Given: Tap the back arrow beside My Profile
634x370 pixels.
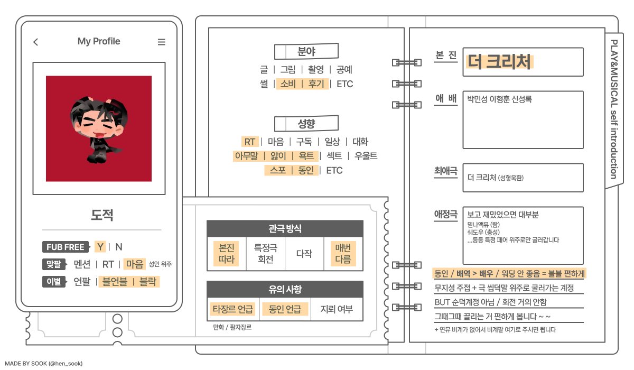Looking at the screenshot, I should (x=35, y=42).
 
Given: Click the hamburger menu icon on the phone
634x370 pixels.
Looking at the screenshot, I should (x=162, y=42).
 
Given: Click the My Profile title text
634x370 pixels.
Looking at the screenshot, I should (x=99, y=41).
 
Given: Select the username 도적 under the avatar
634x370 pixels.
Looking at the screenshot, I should (x=102, y=215).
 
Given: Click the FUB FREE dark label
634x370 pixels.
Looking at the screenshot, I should (x=65, y=247).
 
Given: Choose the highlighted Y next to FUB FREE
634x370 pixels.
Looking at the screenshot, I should (x=100, y=247).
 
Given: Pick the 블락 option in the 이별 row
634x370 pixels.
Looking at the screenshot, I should (x=147, y=281).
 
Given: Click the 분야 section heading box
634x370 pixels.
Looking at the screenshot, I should (x=306, y=52).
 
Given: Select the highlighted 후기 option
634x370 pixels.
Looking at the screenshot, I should (x=316, y=84).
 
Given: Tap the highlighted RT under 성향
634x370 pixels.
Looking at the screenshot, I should (x=249, y=142).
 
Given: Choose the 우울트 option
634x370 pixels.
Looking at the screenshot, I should (x=366, y=156).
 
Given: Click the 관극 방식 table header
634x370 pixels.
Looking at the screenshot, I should (x=285, y=228).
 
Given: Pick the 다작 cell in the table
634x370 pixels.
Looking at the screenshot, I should (x=304, y=254).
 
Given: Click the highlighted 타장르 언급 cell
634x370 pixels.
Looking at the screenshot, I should (x=232, y=309).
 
